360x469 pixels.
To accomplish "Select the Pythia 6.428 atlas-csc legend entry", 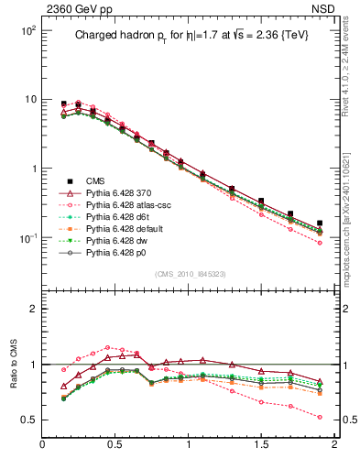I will [x=116, y=208].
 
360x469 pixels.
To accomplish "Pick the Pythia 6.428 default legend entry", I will [x=115, y=235].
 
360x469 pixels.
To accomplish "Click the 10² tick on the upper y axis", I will [x=27, y=30].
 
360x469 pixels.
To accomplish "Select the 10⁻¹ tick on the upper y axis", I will [x=27, y=238].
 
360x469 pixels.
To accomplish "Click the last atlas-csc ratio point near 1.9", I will [x=320, y=417].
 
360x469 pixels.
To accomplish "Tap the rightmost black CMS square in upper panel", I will [x=320, y=224].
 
